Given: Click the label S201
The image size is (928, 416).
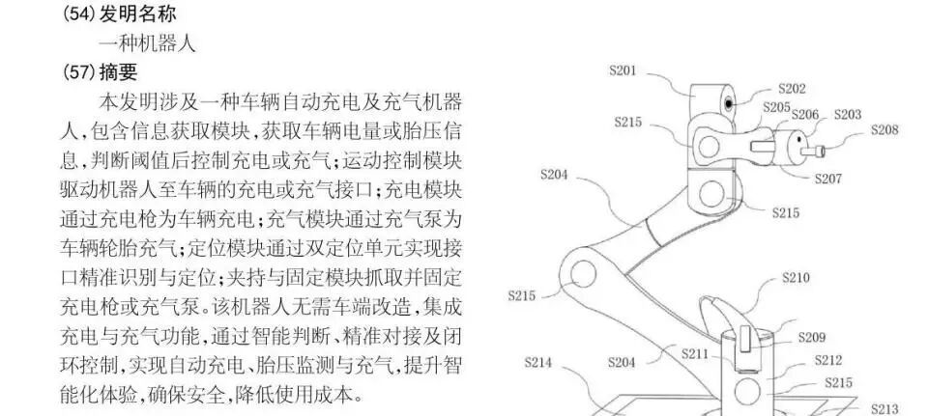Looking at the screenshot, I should [623, 69].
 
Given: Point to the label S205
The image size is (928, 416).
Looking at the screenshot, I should [776, 107].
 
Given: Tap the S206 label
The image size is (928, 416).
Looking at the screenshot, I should [805, 115].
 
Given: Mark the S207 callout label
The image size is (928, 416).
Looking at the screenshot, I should [828, 179].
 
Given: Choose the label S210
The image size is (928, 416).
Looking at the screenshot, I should [796, 278].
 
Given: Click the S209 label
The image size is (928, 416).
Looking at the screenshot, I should [812, 338].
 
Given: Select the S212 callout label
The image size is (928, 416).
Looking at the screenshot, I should [827, 360].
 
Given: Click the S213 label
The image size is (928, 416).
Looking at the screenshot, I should [885, 407].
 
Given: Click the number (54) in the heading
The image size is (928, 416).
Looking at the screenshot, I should [80, 15].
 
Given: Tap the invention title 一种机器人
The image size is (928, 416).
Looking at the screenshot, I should [147, 43].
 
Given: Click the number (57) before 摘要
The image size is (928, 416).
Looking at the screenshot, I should [80, 71].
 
